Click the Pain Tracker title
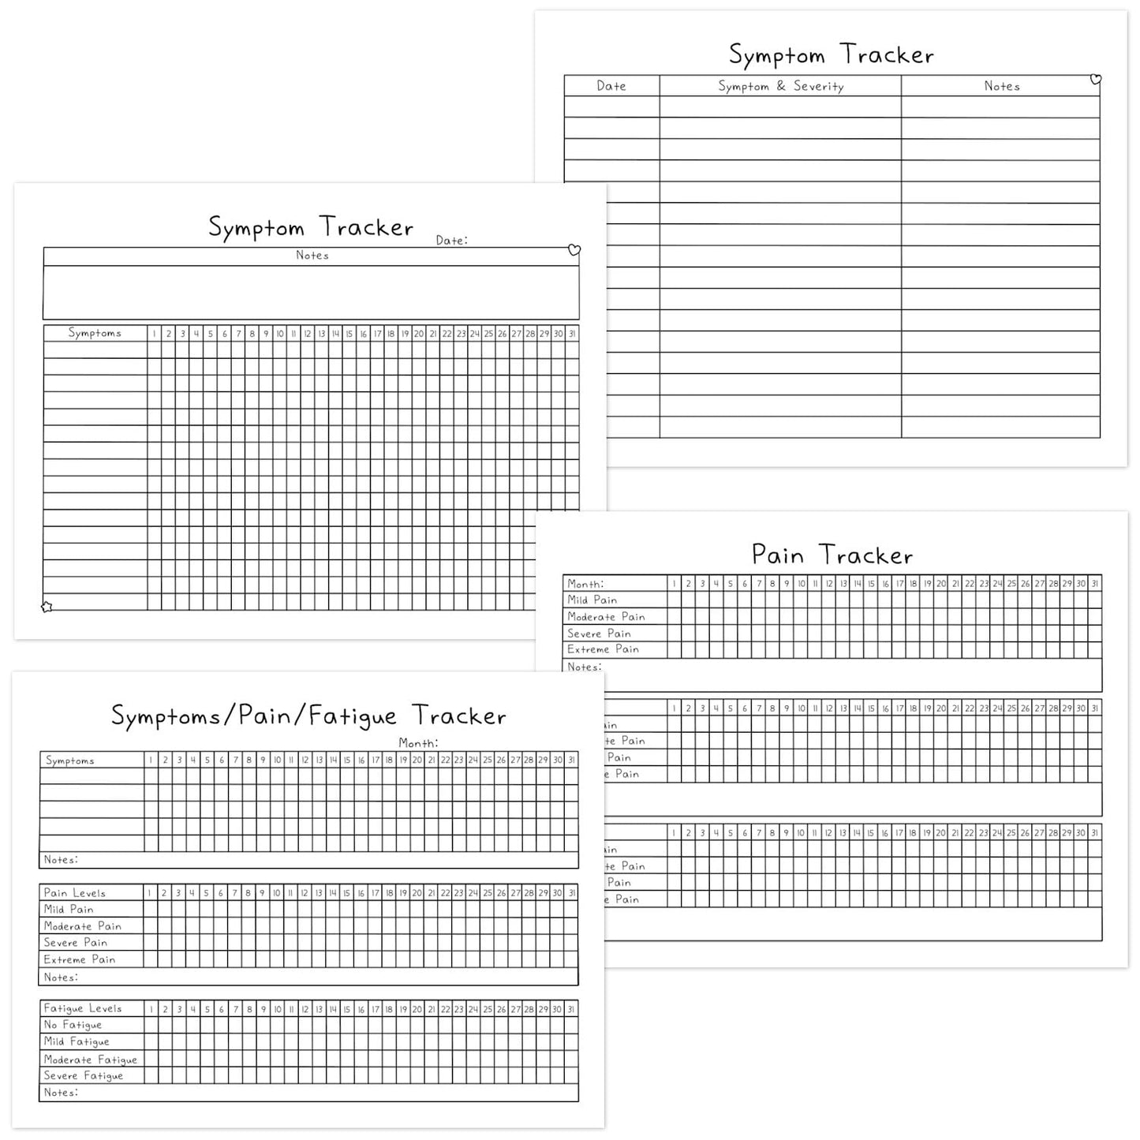point(832,555)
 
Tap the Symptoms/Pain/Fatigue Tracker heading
point(308,716)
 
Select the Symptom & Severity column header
point(780,86)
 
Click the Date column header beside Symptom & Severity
point(611,86)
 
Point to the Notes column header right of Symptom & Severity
point(1001,86)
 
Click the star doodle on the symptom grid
point(47,607)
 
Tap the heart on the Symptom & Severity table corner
point(1095,79)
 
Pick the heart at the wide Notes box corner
point(574,250)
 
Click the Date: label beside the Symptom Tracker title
point(451,241)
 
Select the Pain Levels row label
point(75,893)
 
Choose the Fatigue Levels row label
point(83,1008)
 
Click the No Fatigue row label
point(73,1025)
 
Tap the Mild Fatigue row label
point(77,1041)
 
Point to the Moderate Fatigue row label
point(91,1060)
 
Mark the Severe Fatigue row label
point(84,1075)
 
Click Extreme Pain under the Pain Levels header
point(80,959)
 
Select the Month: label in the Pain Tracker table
point(585,584)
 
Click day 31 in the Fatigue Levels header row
point(571,1009)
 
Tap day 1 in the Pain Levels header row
point(150,893)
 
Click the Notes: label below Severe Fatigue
point(61,1093)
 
